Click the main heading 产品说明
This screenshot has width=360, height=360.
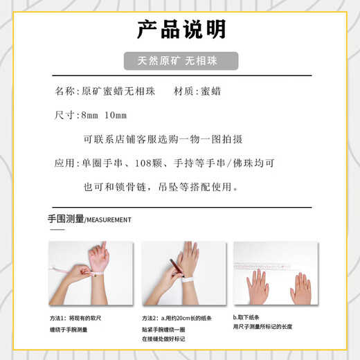[x=181, y=29]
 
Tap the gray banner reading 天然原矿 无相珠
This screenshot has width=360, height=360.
[x=181, y=61]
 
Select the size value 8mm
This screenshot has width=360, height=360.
[x=89, y=115]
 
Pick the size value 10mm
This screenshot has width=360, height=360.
[x=116, y=115]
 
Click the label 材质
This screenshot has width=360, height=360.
[x=183, y=91]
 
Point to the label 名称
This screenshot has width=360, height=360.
[x=64, y=91]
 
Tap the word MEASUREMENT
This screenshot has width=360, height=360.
[x=109, y=220]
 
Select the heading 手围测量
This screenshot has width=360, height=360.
[x=66, y=219]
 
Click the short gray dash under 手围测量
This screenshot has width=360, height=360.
[x=57, y=230]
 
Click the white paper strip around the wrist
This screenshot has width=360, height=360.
[x=189, y=280]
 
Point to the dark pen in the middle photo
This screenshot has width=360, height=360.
[x=177, y=267]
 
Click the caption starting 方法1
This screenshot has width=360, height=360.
[x=75, y=318]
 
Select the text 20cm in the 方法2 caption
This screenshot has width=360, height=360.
[x=183, y=318]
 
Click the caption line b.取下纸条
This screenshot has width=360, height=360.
[x=246, y=317]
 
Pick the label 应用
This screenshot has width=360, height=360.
[x=64, y=163]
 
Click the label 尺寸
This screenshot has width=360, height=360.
[x=64, y=115]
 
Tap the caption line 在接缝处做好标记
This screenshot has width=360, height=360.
[x=163, y=339]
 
